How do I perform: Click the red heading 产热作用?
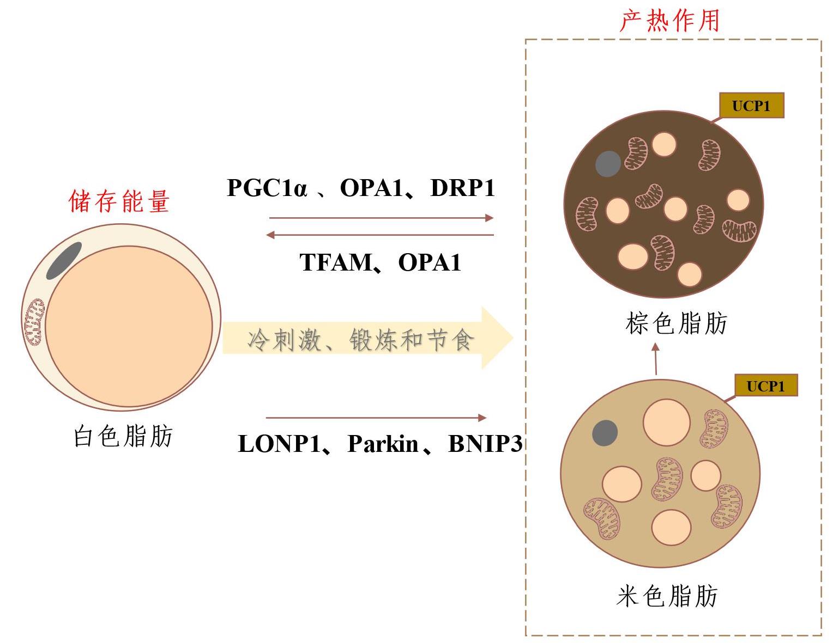[669, 21]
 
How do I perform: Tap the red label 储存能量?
[119, 201]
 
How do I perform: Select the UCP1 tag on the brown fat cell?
[751, 105]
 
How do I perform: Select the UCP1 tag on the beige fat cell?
[766, 385]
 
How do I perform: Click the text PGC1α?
[267, 188]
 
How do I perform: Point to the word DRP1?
[462, 188]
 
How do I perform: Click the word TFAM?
[335, 262]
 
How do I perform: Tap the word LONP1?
[279, 443]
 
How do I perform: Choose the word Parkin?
[383, 443]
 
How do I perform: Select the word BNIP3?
[485, 443]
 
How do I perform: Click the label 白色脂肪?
[123, 436]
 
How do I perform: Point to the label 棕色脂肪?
[676, 323]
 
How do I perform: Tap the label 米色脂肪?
[667, 596]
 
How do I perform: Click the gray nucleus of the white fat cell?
[64, 261]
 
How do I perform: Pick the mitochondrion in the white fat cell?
[34, 322]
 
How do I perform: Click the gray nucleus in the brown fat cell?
[608, 164]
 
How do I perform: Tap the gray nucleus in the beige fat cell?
[605, 433]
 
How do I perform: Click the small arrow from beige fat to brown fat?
[656, 358]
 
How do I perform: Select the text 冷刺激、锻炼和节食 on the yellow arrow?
[360, 340]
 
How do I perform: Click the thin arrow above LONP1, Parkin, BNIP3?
[376, 418]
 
